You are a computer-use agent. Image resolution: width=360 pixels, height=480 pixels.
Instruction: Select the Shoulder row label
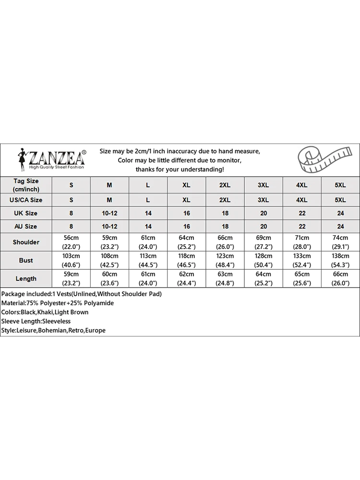[26, 242]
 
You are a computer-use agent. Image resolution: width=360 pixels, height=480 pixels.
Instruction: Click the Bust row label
[26, 260]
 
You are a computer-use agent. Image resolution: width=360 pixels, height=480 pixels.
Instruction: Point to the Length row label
[26, 278]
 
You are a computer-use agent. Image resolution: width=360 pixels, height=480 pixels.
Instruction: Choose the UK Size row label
[26, 213]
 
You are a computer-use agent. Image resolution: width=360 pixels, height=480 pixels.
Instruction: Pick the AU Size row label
[26, 226]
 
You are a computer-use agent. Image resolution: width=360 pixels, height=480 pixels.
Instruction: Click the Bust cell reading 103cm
[71, 260]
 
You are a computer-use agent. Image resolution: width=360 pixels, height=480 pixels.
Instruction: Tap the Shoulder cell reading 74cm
[340, 242]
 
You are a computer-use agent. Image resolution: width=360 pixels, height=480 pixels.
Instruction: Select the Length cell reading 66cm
[340, 278]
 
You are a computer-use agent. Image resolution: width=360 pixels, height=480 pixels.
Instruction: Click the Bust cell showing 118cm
[186, 260]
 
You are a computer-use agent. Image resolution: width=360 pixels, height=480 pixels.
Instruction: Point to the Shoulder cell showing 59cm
[109, 242]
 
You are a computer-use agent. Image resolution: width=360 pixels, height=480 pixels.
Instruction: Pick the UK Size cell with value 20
[263, 213]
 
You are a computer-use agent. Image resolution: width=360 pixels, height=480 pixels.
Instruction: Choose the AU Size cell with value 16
[186, 226]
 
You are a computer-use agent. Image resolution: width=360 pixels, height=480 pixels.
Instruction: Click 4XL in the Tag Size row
[301, 185]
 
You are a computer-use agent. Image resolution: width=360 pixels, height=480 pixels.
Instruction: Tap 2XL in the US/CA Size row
[225, 200]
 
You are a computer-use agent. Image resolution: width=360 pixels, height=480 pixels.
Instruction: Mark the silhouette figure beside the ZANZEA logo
[22, 156]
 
